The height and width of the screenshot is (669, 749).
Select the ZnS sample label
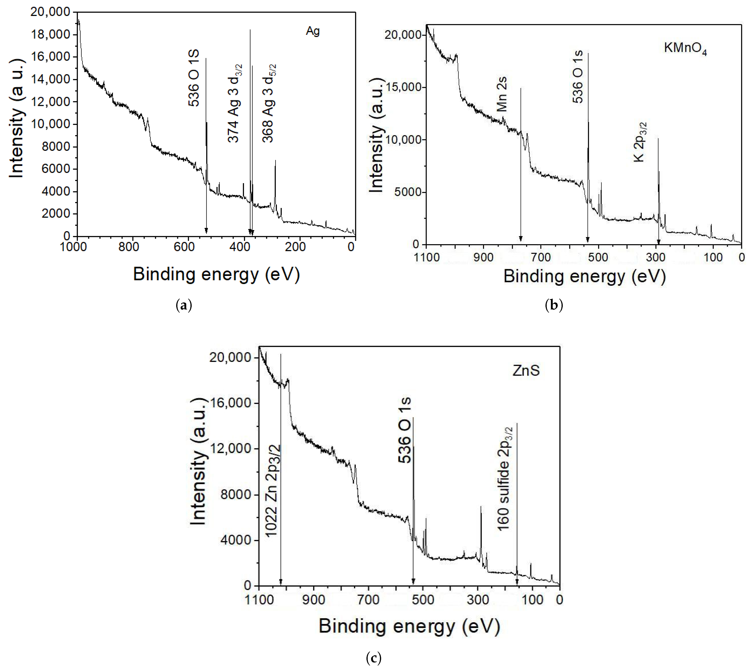pyautogui.click(x=526, y=371)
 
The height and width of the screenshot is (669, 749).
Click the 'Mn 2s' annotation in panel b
pyautogui.click(x=502, y=94)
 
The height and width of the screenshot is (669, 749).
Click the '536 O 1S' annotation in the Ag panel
pyautogui.click(x=194, y=78)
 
